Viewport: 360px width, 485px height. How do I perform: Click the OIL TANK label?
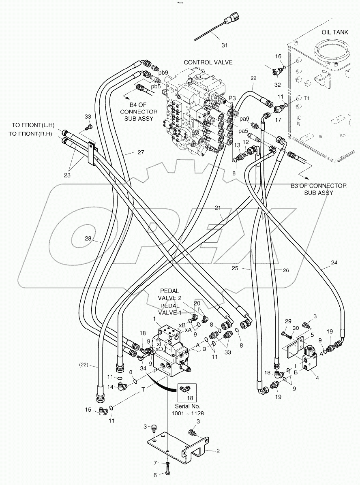[334, 32]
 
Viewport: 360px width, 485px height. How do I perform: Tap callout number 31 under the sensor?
[224, 45]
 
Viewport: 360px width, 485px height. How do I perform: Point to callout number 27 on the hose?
[140, 153]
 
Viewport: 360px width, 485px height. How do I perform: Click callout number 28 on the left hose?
[88, 238]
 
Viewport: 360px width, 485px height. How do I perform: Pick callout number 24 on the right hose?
[334, 262]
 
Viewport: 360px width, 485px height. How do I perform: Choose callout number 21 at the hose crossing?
[218, 208]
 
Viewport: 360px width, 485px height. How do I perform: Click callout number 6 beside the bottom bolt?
[154, 476]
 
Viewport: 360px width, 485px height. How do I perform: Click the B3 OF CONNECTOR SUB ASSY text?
[318, 189]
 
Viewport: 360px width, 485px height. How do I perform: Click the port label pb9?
[163, 73]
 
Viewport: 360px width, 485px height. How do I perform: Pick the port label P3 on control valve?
[232, 98]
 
